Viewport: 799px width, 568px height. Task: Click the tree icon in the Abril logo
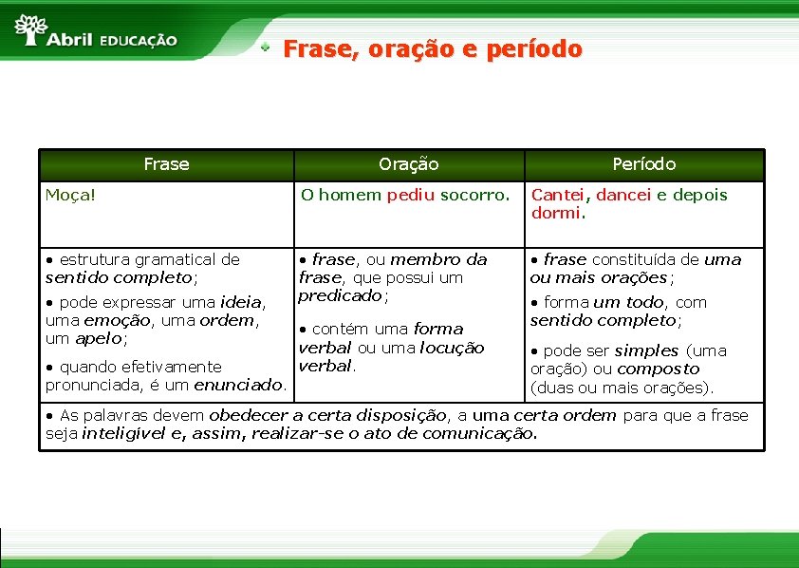click(x=30, y=28)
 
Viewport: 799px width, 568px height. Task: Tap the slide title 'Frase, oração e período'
click(x=433, y=48)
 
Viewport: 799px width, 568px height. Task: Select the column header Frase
click(x=166, y=164)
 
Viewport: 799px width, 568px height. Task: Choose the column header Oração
click(x=408, y=164)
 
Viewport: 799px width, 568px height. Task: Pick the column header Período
click(x=643, y=164)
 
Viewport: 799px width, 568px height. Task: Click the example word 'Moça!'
click(x=71, y=195)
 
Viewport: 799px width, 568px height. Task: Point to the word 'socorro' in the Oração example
click(x=478, y=195)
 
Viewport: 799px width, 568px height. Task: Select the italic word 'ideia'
click(x=240, y=302)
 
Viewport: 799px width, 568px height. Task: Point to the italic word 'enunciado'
click(x=238, y=384)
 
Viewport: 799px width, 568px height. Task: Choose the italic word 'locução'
click(x=452, y=348)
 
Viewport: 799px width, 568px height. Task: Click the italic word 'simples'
click(x=646, y=350)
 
